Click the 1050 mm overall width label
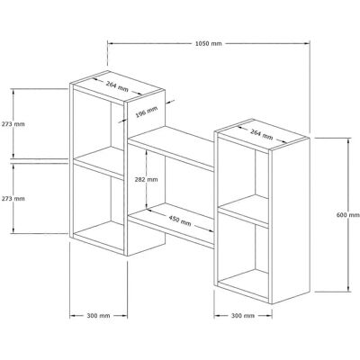coord(209,43)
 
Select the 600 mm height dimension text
coord(348,215)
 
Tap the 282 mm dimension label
coord(147,180)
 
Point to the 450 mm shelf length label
coord(180,220)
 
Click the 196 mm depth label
coord(146,112)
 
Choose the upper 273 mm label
coord(13,124)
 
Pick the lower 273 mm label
coord(13,199)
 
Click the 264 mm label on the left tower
coord(117,86)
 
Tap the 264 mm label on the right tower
coord(262,134)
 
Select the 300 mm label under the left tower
coord(98,316)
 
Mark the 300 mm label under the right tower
coord(243,316)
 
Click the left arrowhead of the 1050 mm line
coord(110,43)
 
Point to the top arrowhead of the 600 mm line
coord(348,141)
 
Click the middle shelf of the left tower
coord(98,164)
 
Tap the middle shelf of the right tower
coord(243,211)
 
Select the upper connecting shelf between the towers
coord(172,148)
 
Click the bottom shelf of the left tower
coord(98,238)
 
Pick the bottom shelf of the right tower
coord(243,286)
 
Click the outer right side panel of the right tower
coord(291,220)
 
